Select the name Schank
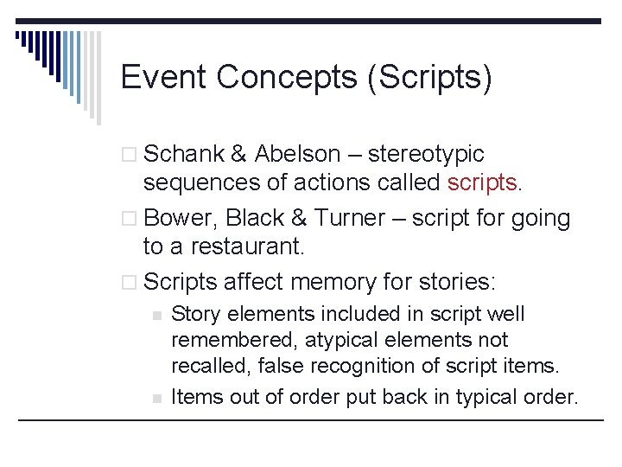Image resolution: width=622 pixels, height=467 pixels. point(183,155)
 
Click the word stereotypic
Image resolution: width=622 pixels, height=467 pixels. point(426,155)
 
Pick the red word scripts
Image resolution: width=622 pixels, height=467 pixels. point(482,183)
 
